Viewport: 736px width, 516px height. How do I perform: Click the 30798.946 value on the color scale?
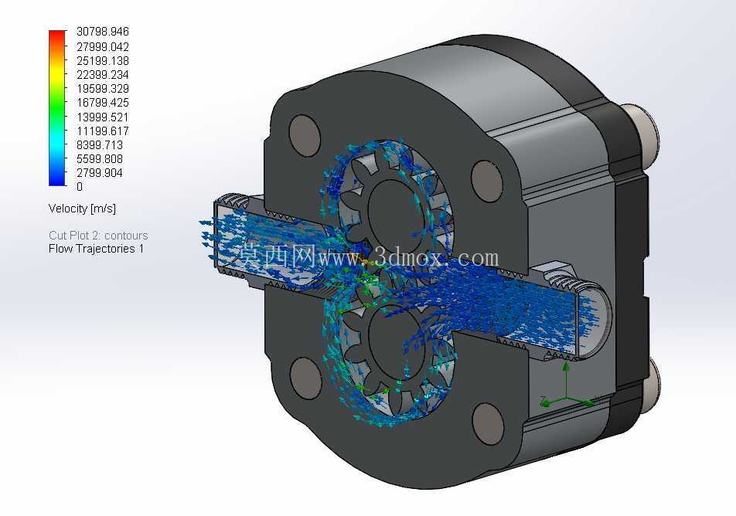(102, 32)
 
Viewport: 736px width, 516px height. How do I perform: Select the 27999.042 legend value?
(102, 46)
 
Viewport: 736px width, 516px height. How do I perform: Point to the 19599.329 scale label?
(102, 89)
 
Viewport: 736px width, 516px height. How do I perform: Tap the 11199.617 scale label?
(102, 131)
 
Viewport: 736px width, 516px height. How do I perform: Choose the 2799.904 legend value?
(100, 172)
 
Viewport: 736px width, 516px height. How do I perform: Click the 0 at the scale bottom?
(80, 187)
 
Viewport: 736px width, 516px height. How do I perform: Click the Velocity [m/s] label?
(82, 209)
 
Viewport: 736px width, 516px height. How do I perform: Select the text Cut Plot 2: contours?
(98, 235)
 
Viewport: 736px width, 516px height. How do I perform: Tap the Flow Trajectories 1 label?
(96, 249)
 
